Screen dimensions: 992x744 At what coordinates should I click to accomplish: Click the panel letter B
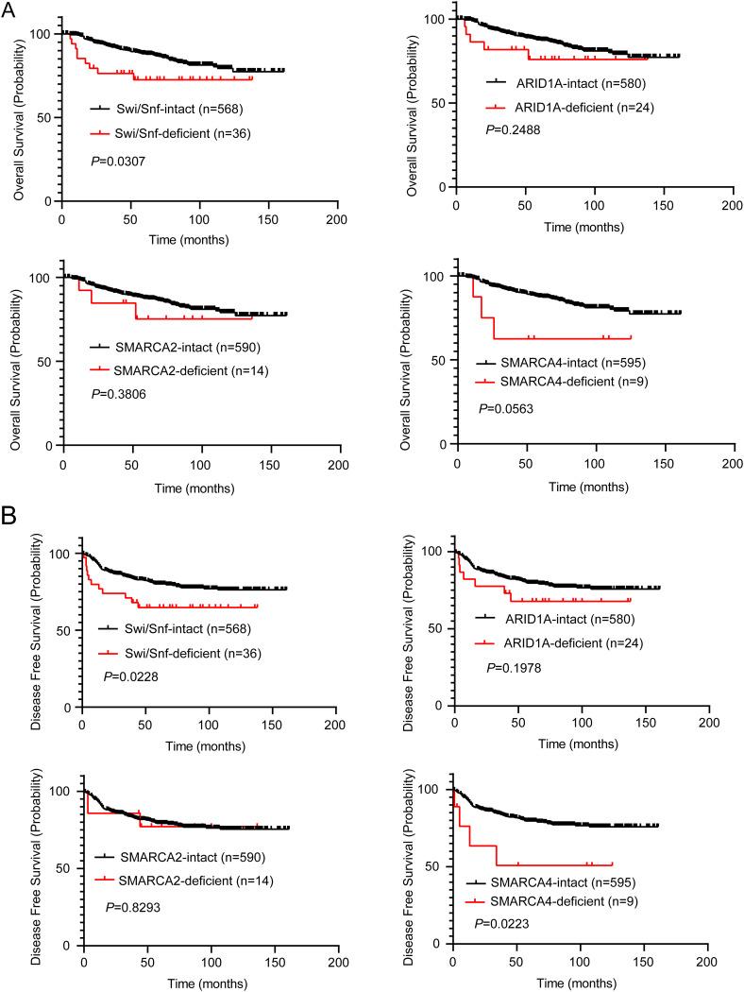(9, 519)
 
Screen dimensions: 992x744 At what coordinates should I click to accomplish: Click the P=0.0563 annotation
(506, 409)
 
